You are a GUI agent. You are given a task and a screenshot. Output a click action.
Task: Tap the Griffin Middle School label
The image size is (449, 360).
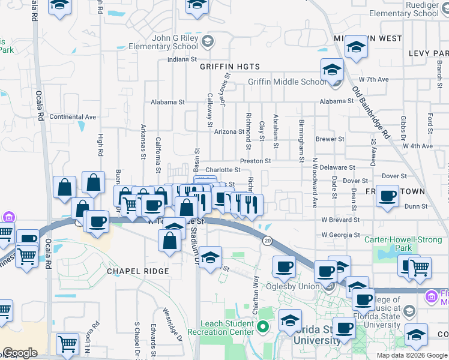(x=288, y=82)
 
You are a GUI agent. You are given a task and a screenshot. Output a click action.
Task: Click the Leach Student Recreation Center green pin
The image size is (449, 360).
(x=262, y=328)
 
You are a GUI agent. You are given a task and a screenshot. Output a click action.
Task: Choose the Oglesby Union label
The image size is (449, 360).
(x=293, y=286)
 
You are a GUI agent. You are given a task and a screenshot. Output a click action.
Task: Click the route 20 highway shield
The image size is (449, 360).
(x=267, y=240)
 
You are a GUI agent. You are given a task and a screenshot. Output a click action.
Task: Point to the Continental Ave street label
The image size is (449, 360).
(x=73, y=116)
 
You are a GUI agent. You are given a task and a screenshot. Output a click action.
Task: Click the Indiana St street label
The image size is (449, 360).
(x=182, y=59)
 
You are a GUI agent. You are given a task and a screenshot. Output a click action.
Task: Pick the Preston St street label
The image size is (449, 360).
(x=256, y=161)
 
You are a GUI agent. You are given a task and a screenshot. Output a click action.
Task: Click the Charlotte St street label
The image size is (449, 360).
(x=223, y=170)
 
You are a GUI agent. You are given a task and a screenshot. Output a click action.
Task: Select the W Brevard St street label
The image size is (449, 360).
(x=340, y=220)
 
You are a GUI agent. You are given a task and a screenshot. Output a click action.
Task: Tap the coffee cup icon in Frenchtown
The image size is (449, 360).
(x=388, y=195)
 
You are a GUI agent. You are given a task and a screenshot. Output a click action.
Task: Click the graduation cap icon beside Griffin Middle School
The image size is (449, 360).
(x=331, y=70)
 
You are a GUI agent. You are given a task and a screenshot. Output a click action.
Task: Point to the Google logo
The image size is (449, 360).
(x=19, y=353)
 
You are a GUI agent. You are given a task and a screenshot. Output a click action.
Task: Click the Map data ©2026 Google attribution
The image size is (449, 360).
(x=411, y=355)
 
